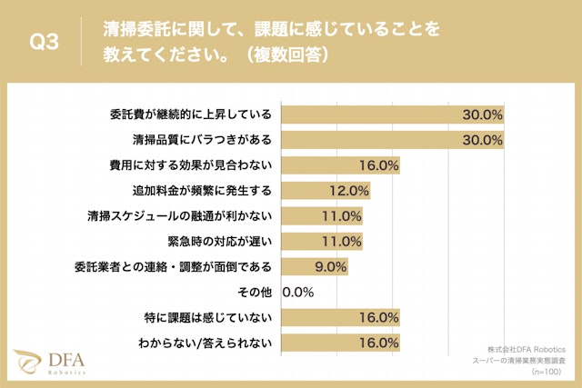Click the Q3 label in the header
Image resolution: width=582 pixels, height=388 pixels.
(x=45, y=42)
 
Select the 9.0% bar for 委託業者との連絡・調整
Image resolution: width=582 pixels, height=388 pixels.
(x=315, y=267)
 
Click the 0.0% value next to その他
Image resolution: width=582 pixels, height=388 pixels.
(x=299, y=293)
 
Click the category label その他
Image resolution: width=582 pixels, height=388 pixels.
(x=256, y=293)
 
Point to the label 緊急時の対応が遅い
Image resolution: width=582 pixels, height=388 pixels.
(x=221, y=242)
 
